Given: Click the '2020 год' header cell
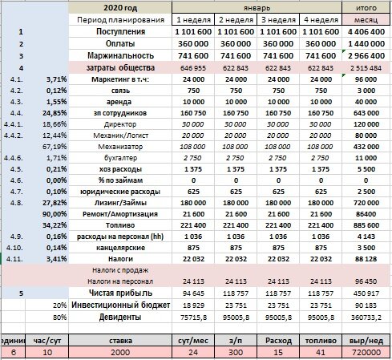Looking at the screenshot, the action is point(120,8).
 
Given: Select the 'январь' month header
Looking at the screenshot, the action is point(257,8).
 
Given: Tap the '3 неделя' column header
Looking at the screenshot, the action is point(278,20).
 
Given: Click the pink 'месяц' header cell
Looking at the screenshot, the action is point(366,20).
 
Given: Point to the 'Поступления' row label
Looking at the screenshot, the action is point(120,31).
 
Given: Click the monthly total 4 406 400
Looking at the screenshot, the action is point(366,32).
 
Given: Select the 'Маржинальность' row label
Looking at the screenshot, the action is point(120,55).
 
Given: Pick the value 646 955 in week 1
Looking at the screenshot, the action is point(193,68).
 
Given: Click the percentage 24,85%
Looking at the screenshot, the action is point(55,113).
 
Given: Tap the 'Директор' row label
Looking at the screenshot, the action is point(120,124).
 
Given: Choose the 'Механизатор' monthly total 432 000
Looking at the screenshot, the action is point(366,147).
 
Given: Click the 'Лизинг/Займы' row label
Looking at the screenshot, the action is point(120,203).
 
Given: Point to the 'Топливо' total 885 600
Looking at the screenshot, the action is point(366,225).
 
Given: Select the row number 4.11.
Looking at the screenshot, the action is point(14,259).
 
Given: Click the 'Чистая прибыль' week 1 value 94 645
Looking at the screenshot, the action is point(193,293).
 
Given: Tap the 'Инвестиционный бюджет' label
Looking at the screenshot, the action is point(120,305).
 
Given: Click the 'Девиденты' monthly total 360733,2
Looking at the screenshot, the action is point(366,318).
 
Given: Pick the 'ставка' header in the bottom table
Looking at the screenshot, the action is point(120,341).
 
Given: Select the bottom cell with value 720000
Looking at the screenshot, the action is point(366,352).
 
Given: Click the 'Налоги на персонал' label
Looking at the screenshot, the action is point(120,281).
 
